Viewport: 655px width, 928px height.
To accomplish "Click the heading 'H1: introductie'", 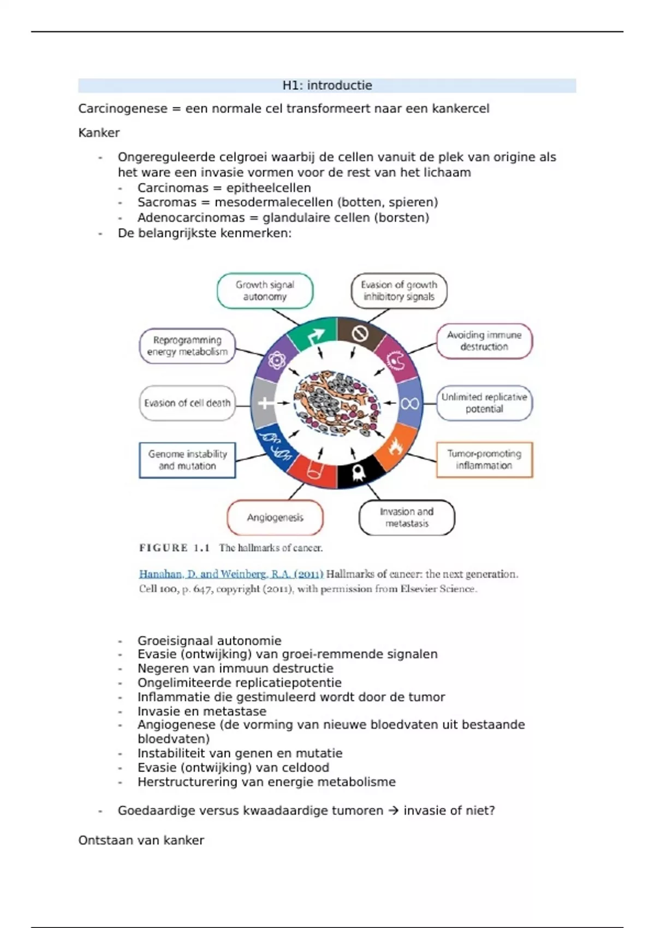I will [x=327, y=86].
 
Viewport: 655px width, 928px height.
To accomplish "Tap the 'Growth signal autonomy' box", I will [x=265, y=291].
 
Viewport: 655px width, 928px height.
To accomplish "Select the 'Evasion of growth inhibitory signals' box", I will [x=398, y=291].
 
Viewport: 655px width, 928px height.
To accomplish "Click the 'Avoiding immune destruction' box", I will [x=484, y=341].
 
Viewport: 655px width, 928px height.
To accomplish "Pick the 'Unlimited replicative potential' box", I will [x=484, y=403].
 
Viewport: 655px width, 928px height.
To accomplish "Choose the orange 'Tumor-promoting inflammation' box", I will [x=484, y=460].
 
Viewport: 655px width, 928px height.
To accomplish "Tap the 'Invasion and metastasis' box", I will [x=407, y=517].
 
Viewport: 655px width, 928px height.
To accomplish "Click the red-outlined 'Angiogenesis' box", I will [x=275, y=517].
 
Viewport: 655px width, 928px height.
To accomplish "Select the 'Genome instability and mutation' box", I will [x=187, y=460].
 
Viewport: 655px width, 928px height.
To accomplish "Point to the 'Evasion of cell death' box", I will [x=187, y=403].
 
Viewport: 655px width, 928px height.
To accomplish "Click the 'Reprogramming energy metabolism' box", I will [x=187, y=346].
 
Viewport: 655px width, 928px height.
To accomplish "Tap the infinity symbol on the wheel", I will [x=409, y=403].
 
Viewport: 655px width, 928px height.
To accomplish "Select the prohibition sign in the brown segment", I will [x=360, y=333].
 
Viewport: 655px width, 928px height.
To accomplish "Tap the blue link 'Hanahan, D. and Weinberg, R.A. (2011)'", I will [x=231, y=574].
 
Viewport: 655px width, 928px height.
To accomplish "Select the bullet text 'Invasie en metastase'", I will [x=202, y=711].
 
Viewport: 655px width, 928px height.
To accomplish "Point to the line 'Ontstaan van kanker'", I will [x=141, y=840].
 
